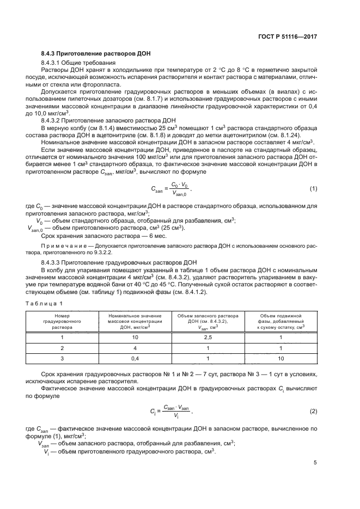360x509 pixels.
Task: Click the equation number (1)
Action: click(x=313, y=188)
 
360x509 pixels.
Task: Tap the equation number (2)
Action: click(x=313, y=411)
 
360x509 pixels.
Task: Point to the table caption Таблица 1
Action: click(x=46, y=303)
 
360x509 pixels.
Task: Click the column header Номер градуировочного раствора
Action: click(x=62, y=322)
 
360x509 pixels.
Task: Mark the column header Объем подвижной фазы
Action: click(x=281, y=322)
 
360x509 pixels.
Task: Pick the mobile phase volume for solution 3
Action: click(x=281, y=358)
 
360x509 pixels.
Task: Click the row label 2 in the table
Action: click(x=62, y=348)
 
